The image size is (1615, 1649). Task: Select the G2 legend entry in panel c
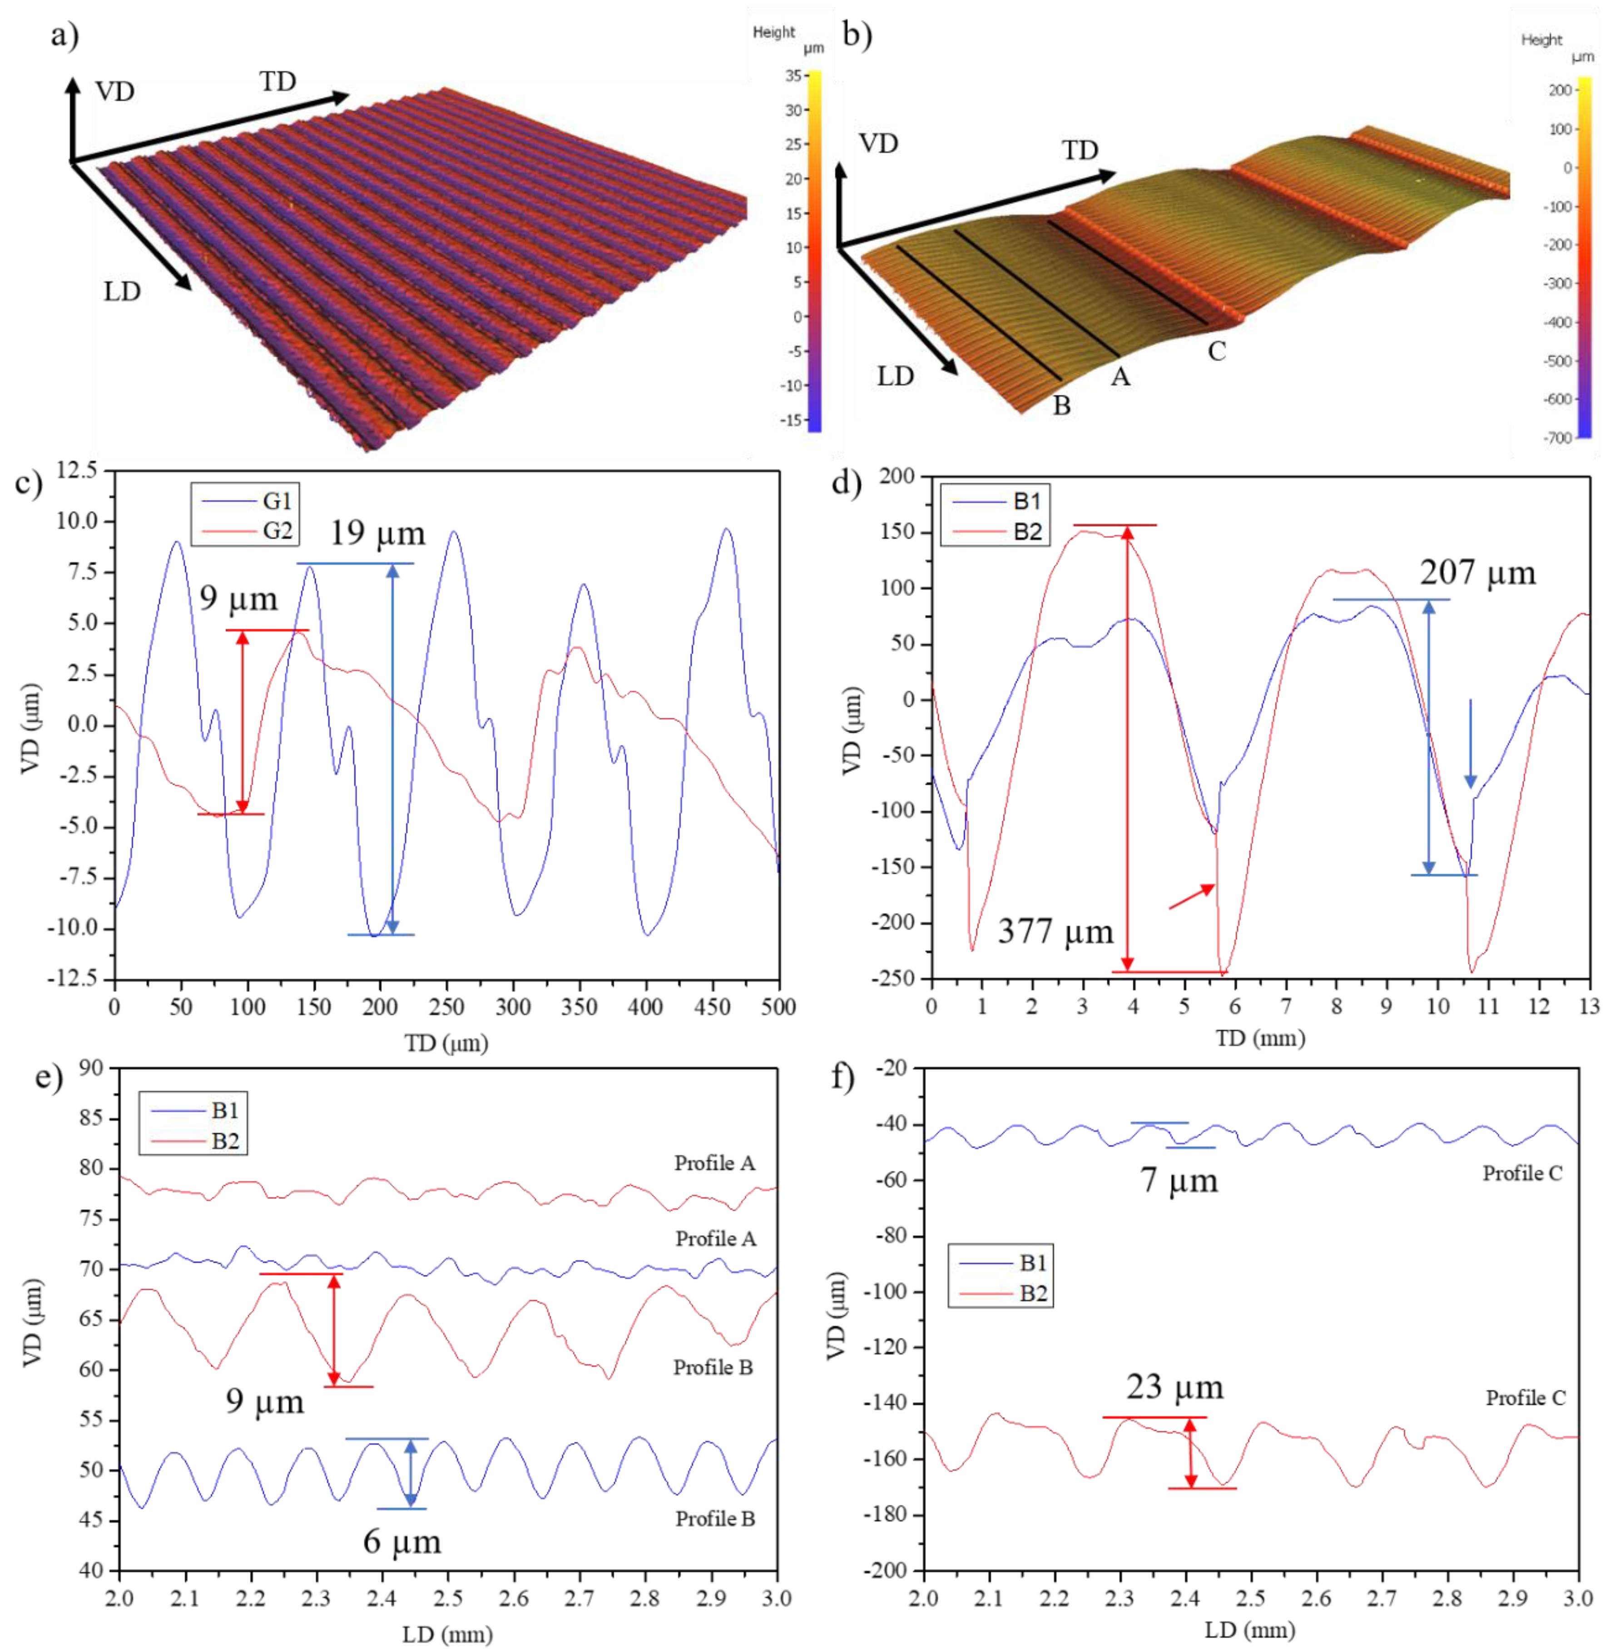[x=277, y=531]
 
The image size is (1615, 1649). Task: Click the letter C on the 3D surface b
[x=1216, y=351]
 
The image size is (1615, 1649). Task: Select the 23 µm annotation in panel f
[x=1175, y=1388]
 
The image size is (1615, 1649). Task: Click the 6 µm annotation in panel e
[x=402, y=1541]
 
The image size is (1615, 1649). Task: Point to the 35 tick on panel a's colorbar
[x=793, y=76]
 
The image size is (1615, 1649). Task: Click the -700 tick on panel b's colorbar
[x=1557, y=438]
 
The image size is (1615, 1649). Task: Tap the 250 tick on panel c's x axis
[x=446, y=1007]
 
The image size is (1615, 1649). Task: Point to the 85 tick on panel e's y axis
[x=90, y=1118]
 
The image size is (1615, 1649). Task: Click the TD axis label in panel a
[x=277, y=81]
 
